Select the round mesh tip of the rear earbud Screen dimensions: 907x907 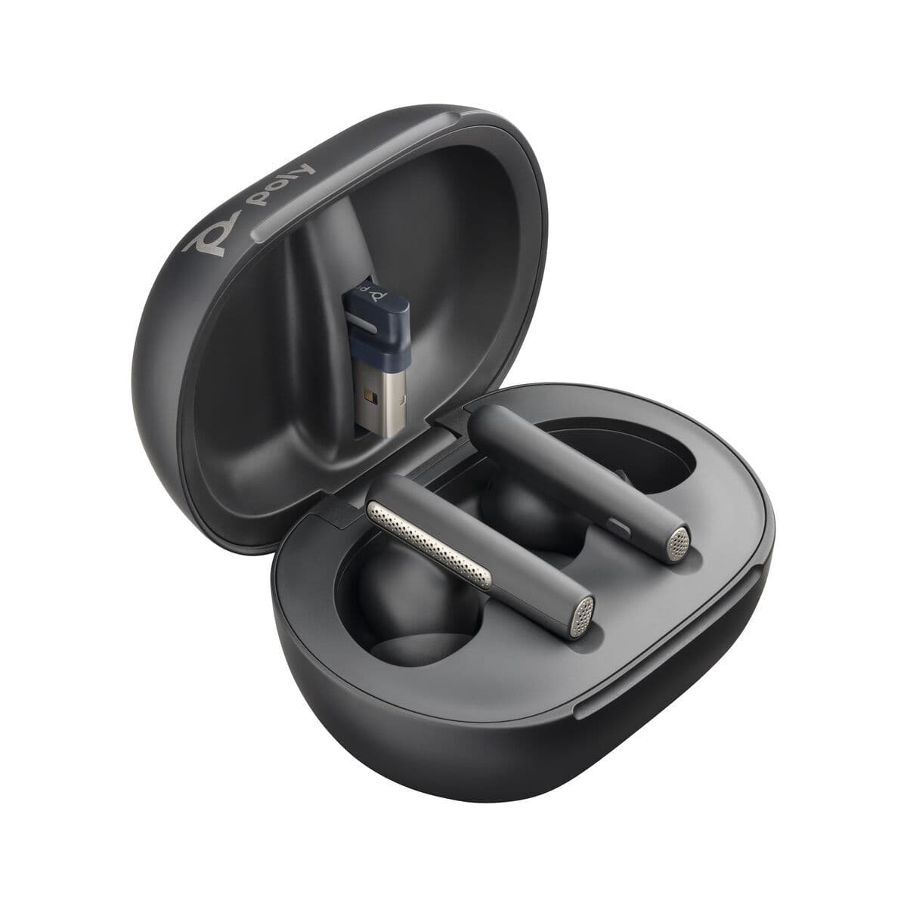pyautogui.click(x=679, y=541)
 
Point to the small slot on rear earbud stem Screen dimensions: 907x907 pyautogui.click(x=622, y=525)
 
